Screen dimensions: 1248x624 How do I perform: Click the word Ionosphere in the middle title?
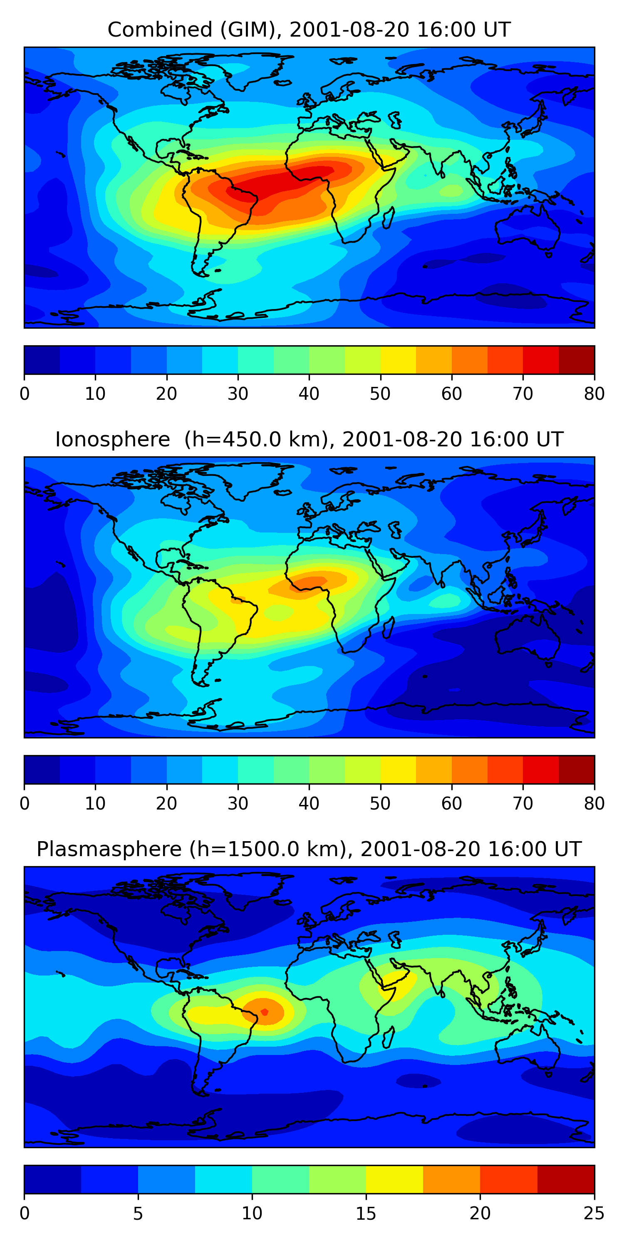point(112,440)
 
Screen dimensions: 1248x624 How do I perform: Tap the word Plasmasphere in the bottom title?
point(109,849)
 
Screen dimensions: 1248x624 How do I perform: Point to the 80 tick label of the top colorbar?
point(594,394)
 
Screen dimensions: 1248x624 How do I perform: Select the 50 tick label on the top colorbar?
point(380,394)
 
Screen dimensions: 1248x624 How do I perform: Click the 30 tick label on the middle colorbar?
point(238,804)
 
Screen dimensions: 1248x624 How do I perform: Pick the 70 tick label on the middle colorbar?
point(523,804)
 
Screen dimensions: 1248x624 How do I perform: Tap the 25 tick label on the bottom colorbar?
point(594,1213)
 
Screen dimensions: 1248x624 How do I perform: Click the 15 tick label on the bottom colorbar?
point(366,1213)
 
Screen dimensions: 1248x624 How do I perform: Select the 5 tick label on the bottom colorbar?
point(138,1213)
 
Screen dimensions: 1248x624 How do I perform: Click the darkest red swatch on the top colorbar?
point(577,360)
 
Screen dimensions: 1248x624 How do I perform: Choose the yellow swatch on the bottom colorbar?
point(394,1179)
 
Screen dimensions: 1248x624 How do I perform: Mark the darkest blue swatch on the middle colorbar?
point(42,769)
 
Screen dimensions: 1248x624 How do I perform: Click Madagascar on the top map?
point(388,218)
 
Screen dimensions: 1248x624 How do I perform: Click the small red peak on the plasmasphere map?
point(265,1012)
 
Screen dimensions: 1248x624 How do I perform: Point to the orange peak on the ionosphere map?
point(310,582)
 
